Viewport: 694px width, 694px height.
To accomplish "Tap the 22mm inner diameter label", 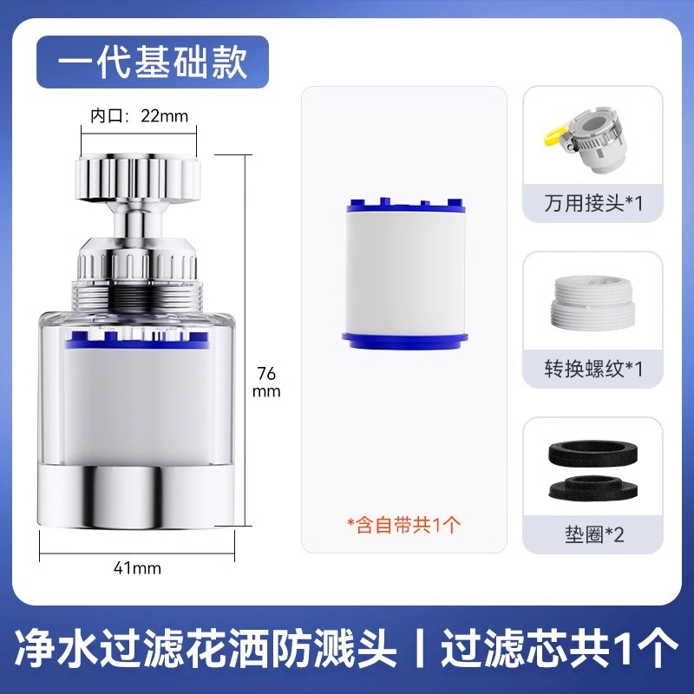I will coord(140,115).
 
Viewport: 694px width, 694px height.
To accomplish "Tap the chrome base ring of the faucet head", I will coord(139,494).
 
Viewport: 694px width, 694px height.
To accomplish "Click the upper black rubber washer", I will coord(593,453).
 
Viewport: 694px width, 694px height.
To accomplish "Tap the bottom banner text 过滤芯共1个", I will coord(559,646).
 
